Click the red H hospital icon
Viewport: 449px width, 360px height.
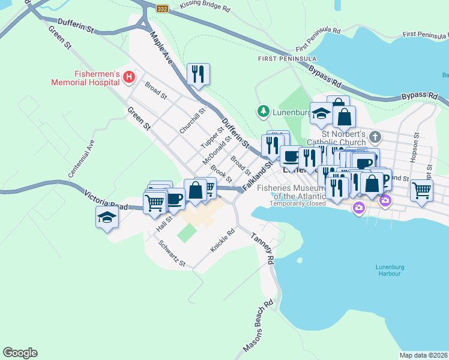[128, 77]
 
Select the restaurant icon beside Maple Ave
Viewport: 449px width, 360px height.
[198, 74]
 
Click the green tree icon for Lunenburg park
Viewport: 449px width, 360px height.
[262, 111]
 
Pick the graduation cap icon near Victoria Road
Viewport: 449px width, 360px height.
[107, 217]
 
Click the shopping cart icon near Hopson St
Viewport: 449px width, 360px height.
[422, 190]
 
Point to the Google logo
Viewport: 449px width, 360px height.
[20, 353]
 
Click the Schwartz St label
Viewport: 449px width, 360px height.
[172, 254]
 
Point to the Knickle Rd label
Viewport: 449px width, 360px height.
[221, 241]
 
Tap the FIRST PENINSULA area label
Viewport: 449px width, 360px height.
[287, 59]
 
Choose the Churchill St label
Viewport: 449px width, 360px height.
[193, 120]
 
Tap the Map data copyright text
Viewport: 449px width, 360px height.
[423, 355]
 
